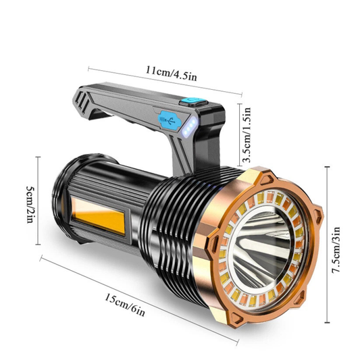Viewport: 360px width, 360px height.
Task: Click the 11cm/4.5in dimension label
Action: click(172, 73)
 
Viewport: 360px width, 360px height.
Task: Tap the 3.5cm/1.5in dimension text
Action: click(247, 135)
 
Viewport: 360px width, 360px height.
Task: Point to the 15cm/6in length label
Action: click(125, 305)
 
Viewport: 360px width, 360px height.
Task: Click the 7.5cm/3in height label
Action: click(336, 249)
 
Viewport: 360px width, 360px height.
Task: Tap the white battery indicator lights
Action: click(190, 127)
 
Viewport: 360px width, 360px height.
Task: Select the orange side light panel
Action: click(99, 216)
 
